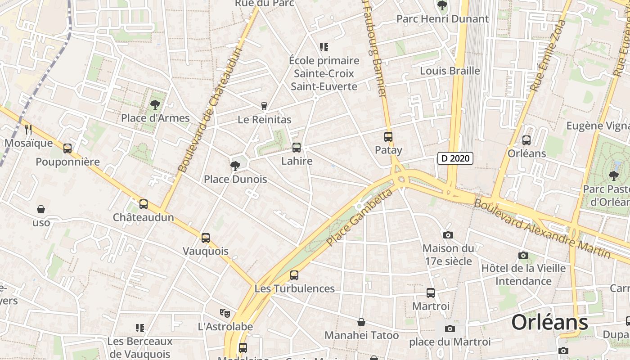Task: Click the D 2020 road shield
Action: point(455,158)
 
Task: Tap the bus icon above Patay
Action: point(388,137)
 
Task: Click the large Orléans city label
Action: point(549,322)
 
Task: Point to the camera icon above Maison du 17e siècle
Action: point(448,235)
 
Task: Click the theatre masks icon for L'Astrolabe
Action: point(225,313)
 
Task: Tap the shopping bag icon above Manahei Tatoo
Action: point(361,322)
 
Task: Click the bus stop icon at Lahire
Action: point(297,148)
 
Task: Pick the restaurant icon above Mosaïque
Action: point(28,130)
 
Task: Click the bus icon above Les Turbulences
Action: point(294,275)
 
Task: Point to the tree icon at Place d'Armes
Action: point(155,105)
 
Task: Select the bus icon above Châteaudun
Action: point(144,204)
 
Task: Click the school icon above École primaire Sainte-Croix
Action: point(324,47)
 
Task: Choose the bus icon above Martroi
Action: point(431,293)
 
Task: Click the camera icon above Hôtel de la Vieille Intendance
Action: point(523,255)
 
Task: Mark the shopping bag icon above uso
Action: point(41,209)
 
